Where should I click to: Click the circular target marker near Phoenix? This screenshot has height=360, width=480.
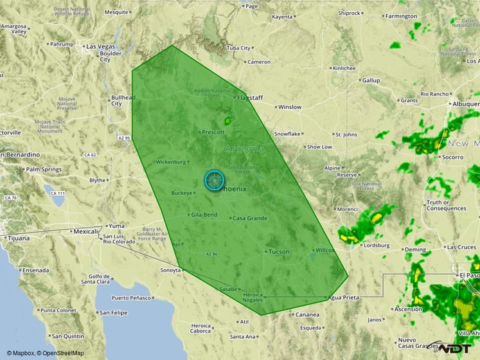[214, 180]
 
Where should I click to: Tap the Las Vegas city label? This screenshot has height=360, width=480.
[100, 46]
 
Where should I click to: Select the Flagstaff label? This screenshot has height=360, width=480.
[251, 98]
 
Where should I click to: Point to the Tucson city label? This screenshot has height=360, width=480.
[279, 251]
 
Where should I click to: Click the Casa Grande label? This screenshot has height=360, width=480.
[249, 218]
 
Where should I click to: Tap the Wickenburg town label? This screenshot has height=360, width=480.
[170, 162]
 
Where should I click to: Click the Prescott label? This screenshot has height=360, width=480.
[213, 132]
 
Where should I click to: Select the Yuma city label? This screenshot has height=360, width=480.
[116, 226]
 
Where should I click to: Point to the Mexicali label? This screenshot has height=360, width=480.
[85, 231]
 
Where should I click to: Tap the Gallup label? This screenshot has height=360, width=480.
[371, 80]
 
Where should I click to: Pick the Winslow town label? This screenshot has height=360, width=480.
[289, 107]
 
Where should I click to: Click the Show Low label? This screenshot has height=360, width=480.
[319, 147]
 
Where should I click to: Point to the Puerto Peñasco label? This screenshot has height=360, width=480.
[132, 298]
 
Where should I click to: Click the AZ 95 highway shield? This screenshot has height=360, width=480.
[123, 138]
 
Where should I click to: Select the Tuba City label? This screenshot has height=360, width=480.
[238, 48]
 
